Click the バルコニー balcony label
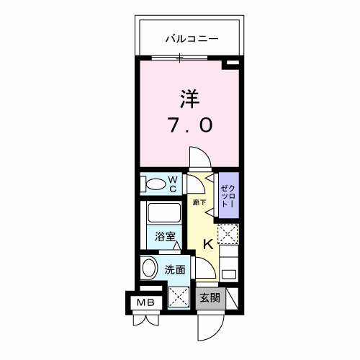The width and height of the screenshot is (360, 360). (191, 38)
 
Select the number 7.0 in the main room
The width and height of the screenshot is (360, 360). (190, 126)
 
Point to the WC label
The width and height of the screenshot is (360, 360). (173, 184)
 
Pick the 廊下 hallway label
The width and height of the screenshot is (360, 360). (199, 203)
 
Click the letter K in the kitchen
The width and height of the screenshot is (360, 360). (207, 244)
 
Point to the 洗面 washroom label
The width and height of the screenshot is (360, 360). (175, 270)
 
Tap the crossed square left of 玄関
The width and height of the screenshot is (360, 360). (178, 296)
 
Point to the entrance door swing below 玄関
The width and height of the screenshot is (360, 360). (209, 325)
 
